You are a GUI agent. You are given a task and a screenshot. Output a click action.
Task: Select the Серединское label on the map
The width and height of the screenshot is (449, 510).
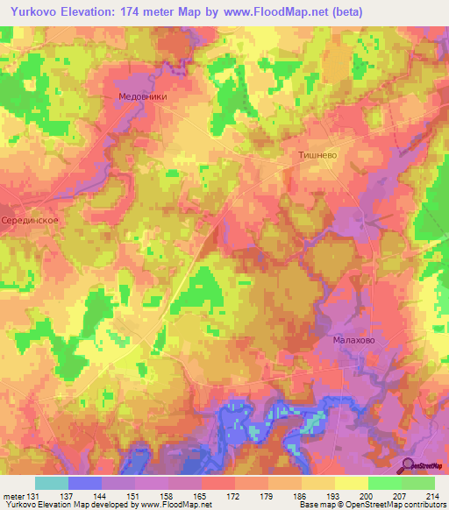(30, 221)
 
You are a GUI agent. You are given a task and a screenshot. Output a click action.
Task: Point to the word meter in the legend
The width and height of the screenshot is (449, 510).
(13, 497)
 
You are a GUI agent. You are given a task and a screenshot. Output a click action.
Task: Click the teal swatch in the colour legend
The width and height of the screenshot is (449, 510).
(51, 483)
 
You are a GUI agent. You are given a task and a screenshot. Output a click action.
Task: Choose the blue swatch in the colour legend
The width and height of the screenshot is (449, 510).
(84, 483)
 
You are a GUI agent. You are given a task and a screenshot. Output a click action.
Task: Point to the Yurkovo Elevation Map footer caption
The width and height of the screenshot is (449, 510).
(105, 506)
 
